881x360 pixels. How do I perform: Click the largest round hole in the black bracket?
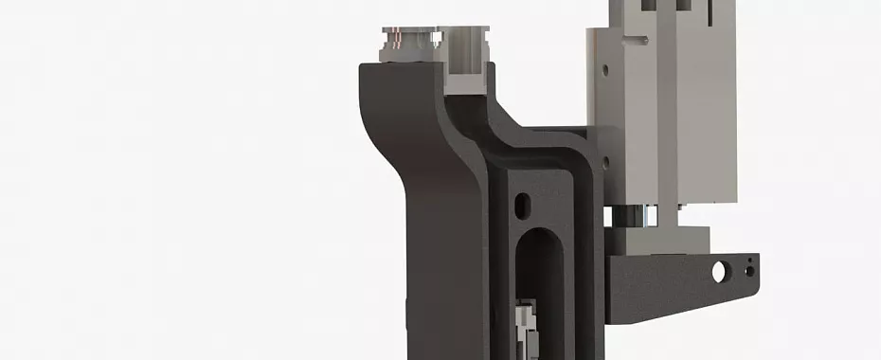pyautogui.click(x=719, y=272)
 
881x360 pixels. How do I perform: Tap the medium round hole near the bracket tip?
pyautogui.click(x=748, y=271)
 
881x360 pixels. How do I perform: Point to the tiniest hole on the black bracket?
pyautogui.click(x=751, y=257)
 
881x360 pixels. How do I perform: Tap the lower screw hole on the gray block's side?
pyautogui.click(x=604, y=162)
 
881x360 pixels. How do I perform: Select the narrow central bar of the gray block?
pyautogui.click(x=667, y=114)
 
